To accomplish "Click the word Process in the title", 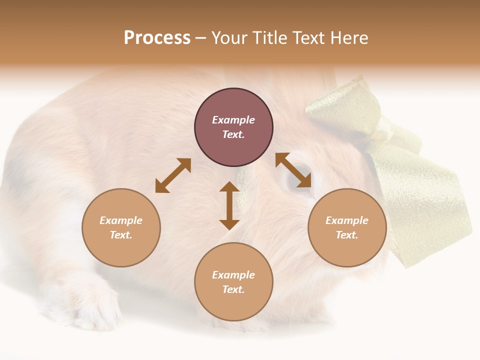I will pyautogui.click(x=157, y=38).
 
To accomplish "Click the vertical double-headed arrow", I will pyautogui.click(x=229, y=205).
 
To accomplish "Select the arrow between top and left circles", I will pyautogui.click(x=173, y=175).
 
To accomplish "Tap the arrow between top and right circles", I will pyautogui.click(x=293, y=170).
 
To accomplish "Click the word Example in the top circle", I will pyautogui.click(x=233, y=120).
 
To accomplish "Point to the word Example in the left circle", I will pyautogui.click(x=121, y=220).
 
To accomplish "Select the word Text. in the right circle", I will pyautogui.click(x=347, y=235).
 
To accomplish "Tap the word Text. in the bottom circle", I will pyautogui.click(x=233, y=289).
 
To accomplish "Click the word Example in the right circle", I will pyautogui.click(x=347, y=220).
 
